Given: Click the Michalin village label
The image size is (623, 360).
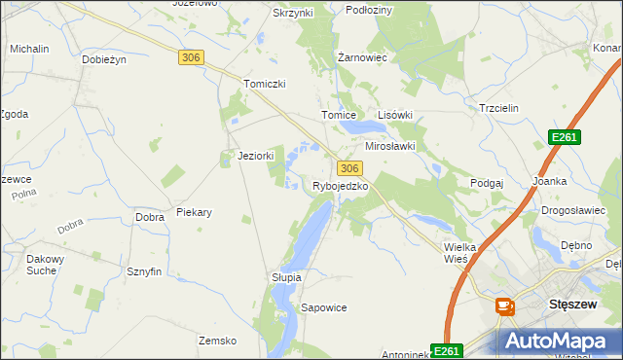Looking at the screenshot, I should coord(29,48).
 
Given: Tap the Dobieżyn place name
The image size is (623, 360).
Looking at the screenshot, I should coord(105,59).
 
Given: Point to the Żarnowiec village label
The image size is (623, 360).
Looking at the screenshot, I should coord(363,57).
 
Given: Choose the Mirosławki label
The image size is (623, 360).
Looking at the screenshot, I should coord(390,146).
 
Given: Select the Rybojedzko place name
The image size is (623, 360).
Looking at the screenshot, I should coord(340,186).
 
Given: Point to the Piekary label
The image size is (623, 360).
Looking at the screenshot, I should coord(194,212).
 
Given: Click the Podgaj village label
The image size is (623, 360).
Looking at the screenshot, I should coord(487,183).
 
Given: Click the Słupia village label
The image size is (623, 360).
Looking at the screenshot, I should coord(286,277).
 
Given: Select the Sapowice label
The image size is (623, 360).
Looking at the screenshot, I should coord(324,307).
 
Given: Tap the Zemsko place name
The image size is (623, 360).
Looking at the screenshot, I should coord(218,341).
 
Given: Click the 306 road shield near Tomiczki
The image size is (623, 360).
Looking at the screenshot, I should coord(191,58).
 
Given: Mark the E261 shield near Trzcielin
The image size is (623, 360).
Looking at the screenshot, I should coord(564,138).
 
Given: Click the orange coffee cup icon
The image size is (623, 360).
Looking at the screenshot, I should coord(505,306).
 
